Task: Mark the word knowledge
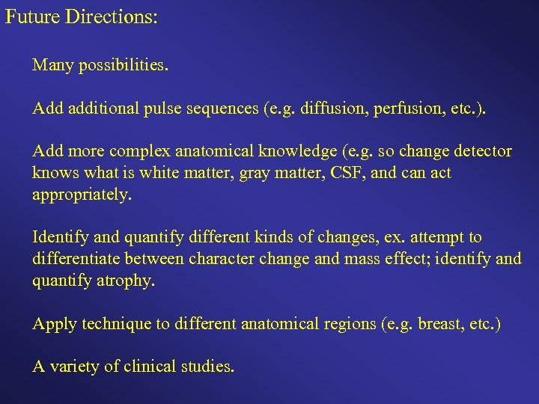(x=298, y=151)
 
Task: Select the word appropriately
(x=82, y=195)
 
